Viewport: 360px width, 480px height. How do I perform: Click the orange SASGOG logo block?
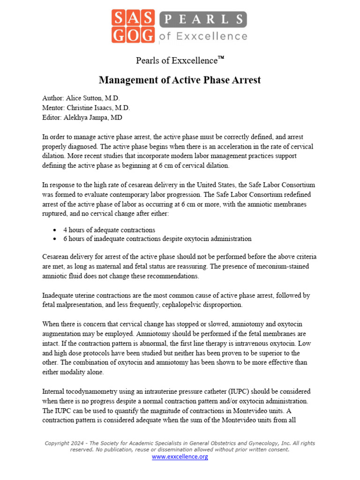(x=133, y=27)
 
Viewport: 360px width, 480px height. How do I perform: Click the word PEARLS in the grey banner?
(x=202, y=19)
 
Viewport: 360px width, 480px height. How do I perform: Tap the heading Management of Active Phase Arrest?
(x=180, y=80)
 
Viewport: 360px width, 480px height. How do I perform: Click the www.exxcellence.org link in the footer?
(x=180, y=457)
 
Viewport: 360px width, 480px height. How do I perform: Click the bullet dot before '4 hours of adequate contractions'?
(x=55, y=230)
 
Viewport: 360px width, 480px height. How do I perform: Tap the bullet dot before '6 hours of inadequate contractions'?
(x=55, y=239)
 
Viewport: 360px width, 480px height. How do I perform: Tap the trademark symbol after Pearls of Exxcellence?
(x=221, y=58)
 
